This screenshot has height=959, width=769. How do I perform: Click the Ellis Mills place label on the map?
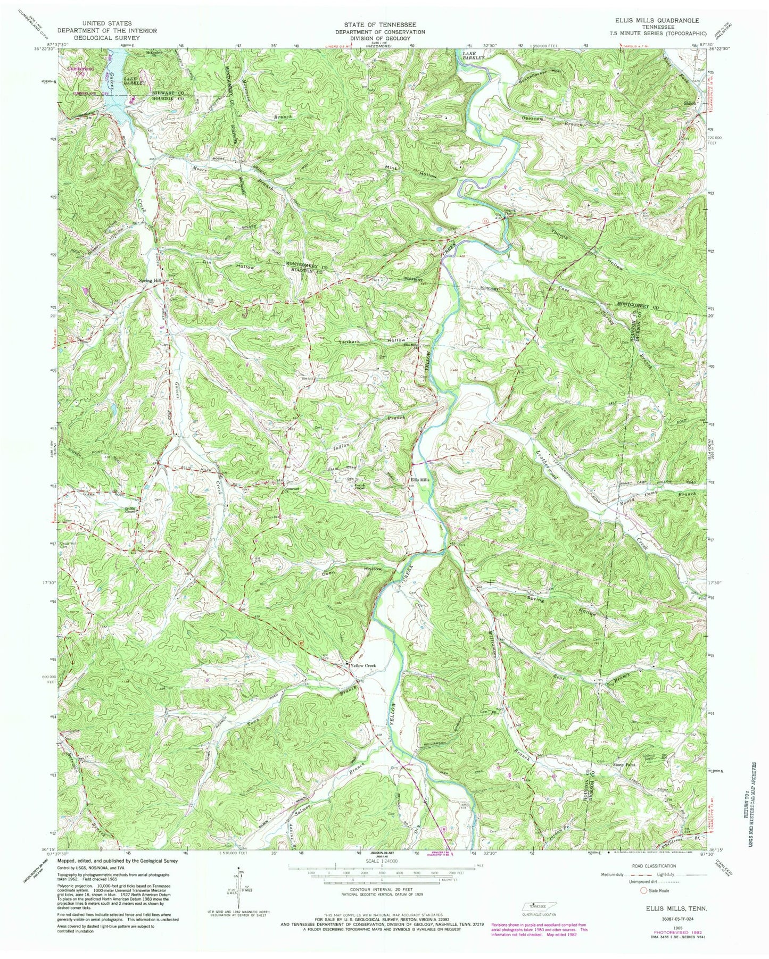point(419,479)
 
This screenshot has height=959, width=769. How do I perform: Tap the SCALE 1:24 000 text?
point(382,860)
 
